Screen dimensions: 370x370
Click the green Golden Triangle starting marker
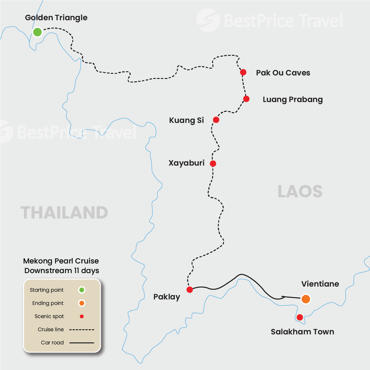pyautogui.click(x=38, y=32)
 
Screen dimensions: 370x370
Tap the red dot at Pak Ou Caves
pyautogui.click(x=243, y=72)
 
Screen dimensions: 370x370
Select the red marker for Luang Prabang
pyautogui.click(x=246, y=99)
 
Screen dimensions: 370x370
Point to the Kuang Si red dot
pyautogui.click(x=216, y=120)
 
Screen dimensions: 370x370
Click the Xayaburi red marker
pyautogui.click(x=213, y=164)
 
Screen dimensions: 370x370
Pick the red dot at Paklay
pyautogui.click(x=190, y=290)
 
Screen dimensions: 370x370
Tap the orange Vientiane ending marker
pyautogui.click(x=306, y=299)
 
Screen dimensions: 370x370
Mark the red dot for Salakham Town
pyautogui.click(x=300, y=317)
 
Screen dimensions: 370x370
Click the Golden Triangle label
pyautogui.click(x=56, y=18)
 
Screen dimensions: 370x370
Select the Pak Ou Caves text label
pyautogui.click(x=283, y=73)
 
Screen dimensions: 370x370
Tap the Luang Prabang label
pyautogui.click(x=293, y=99)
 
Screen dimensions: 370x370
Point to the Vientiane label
pyautogui.click(x=320, y=284)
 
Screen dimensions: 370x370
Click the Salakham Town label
pyautogui.click(x=302, y=332)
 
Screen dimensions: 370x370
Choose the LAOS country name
pyautogui.click(x=300, y=192)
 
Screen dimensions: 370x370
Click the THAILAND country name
pyautogui.click(x=64, y=213)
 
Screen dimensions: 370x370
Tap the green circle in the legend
pyautogui.click(x=82, y=290)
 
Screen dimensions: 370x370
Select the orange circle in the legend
pyautogui.click(x=82, y=303)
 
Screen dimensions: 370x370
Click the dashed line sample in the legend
pyautogui.click(x=82, y=330)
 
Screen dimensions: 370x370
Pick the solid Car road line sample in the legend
pyautogui.click(x=82, y=343)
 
